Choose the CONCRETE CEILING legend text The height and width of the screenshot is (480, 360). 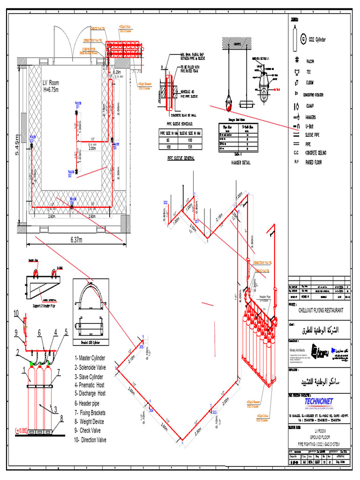click(x=322, y=153)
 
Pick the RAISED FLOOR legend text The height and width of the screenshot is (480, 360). click(x=317, y=162)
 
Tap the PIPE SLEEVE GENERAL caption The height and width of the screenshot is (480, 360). click(x=181, y=158)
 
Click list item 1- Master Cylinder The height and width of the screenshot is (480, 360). click(x=90, y=358)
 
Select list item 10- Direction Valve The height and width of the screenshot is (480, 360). click(x=90, y=440)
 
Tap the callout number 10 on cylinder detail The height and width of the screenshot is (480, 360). click(x=16, y=313)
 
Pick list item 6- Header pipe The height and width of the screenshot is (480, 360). click(x=90, y=403)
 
